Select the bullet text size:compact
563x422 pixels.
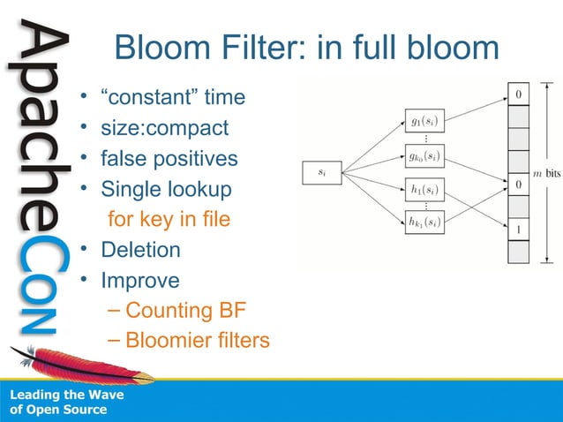tap(164, 129)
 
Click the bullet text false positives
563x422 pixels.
tap(169, 160)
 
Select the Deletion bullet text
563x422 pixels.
tap(140, 249)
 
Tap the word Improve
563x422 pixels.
tap(139, 280)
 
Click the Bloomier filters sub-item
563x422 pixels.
tap(197, 340)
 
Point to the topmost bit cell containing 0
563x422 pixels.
tap(518, 93)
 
